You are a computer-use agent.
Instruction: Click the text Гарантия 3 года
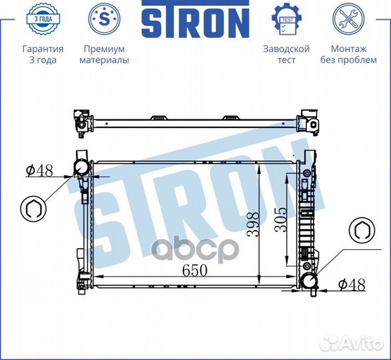(x=43, y=54)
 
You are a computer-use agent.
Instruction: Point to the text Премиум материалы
(x=104, y=54)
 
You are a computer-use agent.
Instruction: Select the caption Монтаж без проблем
(x=348, y=54)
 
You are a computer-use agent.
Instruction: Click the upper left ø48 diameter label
(x=39, y=171)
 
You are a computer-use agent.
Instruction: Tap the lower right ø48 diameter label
(x=351, y=285)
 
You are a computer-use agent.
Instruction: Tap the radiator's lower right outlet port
(x=310, y=281)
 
